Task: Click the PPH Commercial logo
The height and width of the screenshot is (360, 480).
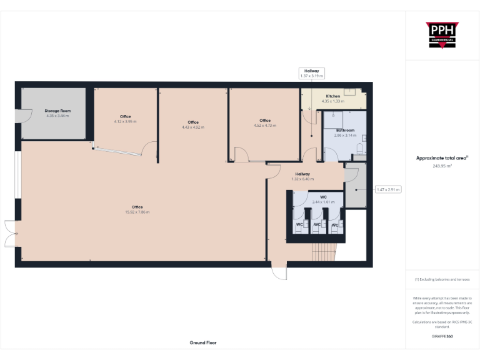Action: tap(442, 35)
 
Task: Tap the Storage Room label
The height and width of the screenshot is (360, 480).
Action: tap(57, 111)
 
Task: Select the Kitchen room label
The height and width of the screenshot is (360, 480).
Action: tap(332, 96)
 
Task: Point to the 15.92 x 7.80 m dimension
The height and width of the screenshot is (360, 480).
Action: tap(137, 212)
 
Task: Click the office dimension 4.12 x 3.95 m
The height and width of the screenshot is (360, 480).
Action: tap(125, 121)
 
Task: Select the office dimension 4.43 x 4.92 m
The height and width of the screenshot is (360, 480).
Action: tap(193, 127)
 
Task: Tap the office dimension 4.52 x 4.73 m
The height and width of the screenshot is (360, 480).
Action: tap(265, 125)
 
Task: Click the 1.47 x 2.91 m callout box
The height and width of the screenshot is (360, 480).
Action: tap(387, 189)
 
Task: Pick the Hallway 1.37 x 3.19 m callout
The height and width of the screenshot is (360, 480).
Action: tap(311, 73)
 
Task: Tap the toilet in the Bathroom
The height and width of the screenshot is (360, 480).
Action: tap(358, 147)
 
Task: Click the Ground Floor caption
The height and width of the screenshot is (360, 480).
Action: tap(203, 342)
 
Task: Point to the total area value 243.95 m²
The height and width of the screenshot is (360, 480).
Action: tap(442, 166)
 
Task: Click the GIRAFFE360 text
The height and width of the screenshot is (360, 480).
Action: tap(442, 336)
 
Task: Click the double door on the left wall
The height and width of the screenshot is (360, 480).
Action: tap(10, 234)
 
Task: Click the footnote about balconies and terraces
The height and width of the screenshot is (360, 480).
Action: tap(442, 279)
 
